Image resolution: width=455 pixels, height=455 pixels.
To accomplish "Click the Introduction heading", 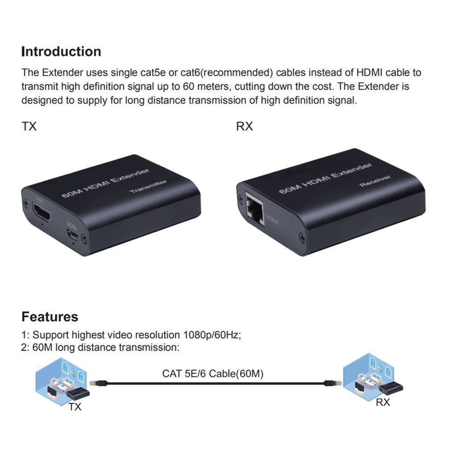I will (x=61, y=52).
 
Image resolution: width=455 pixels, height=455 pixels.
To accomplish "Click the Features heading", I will (x=50, y=317).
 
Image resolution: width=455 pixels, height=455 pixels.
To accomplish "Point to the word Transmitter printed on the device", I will (x=148, y=186).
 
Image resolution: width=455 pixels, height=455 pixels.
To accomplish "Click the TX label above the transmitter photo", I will (x=29, y=127).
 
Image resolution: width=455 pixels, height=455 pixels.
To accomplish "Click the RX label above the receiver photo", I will (x=244, y=127).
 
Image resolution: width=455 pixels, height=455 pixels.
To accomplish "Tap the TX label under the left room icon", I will (x=75, y=407).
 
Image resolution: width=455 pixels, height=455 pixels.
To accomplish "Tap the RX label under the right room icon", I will (x=382, y=402).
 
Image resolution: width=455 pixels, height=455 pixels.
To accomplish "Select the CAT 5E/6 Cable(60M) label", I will (x=212, y=374).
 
